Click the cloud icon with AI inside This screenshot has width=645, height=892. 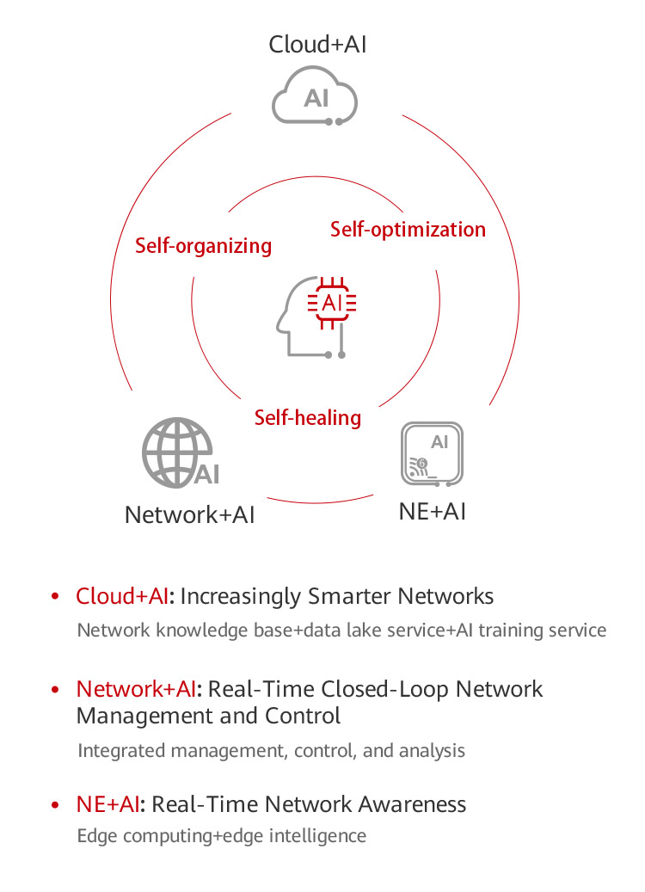315,97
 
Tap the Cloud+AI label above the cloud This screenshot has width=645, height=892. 317,45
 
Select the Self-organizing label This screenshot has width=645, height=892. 203,246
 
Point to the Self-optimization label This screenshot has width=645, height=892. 408,230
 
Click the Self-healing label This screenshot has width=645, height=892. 307,418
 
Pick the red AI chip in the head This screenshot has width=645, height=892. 332,303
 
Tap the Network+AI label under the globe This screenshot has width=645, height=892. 189,514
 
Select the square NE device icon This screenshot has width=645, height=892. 432,453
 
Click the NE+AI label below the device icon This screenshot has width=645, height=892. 432,511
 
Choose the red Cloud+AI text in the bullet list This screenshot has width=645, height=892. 122,596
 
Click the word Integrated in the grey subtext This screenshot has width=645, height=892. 121,750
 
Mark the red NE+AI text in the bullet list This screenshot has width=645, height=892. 107,804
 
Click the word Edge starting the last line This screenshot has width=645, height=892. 95,836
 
